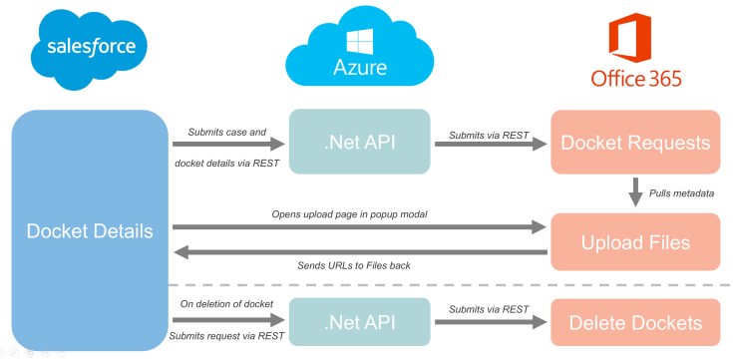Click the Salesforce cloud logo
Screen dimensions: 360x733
point(89,47)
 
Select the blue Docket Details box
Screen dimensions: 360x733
point(90,230)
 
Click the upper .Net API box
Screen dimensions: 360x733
point(360,143)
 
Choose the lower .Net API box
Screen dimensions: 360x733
point(360,321)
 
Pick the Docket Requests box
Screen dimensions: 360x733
point(635,143)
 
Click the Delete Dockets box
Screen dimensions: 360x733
point(635,322)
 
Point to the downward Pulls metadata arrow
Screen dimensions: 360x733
point(635,192)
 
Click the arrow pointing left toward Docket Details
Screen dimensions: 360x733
point(359,252)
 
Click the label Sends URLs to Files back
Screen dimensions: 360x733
point(357,266)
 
